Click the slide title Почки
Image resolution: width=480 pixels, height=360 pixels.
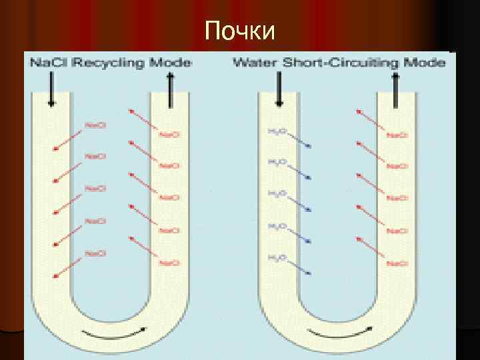tap(240, 30)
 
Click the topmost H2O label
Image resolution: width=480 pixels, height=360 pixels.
tap(277, 131)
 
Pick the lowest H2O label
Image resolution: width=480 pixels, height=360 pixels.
tap(277, 257)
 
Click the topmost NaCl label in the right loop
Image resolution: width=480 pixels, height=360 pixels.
tap(397, 135)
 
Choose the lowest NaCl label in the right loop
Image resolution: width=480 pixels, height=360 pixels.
tap(397, 263)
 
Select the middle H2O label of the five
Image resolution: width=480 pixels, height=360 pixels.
tap(277, 193)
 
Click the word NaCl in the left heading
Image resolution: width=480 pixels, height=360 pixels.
tap(45, 63)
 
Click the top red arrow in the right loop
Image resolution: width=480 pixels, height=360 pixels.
tap(369, 121)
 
